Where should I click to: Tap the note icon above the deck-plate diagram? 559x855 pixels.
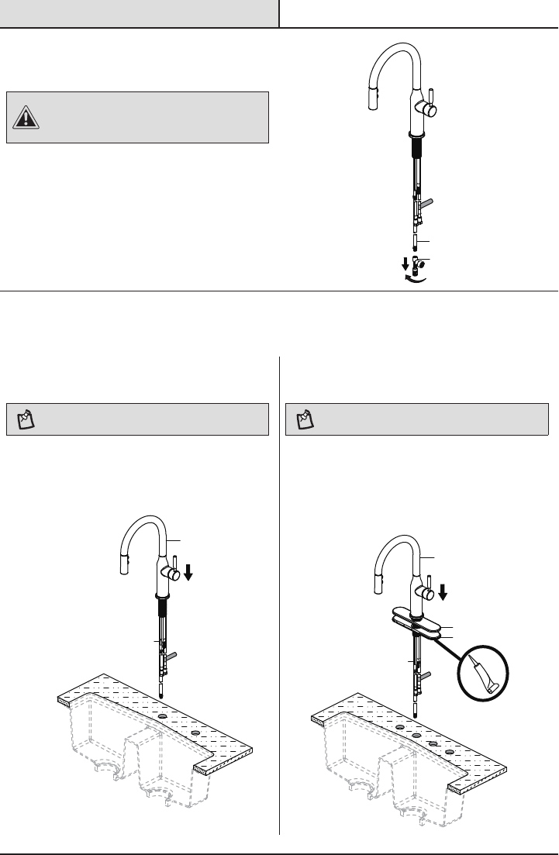[x=306, y=420]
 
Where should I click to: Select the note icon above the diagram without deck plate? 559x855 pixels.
[x=26, y=420]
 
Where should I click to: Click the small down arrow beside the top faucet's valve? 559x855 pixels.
[x=405, y=262]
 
